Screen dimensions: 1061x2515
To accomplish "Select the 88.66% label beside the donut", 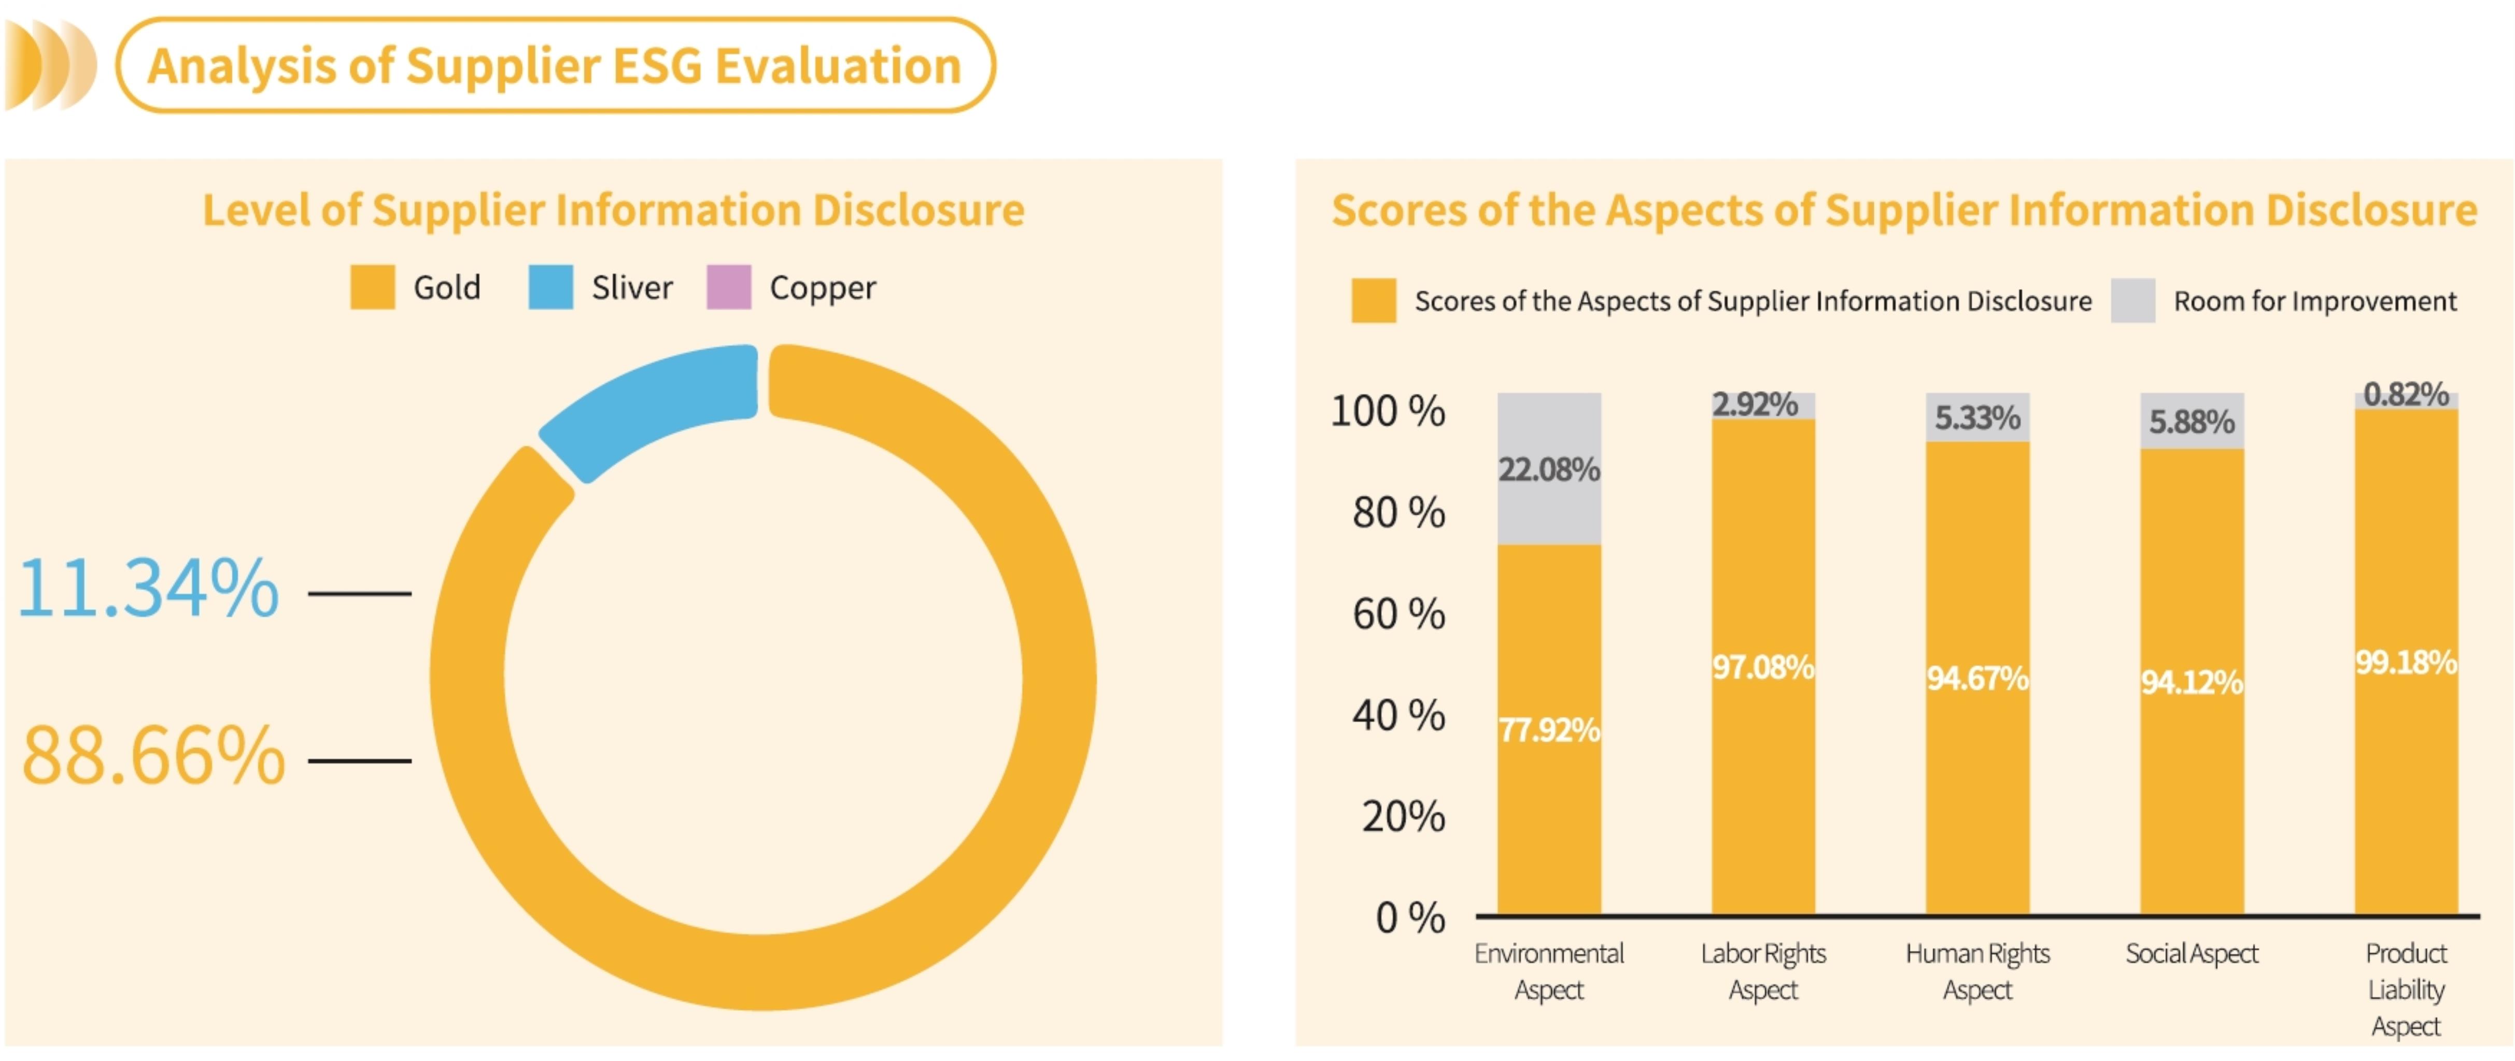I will point(153,756).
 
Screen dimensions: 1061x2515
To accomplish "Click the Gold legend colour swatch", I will point(372,287).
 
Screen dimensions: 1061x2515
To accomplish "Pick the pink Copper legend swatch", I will point(728,287).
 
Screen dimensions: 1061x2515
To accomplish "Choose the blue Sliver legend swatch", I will point(550,287).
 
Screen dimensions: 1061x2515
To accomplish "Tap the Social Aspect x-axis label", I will point(2192,954).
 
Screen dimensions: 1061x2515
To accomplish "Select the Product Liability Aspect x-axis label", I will point(2406,990).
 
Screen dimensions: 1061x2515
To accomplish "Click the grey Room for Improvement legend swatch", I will point(2132,300).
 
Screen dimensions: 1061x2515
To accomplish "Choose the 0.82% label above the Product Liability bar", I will point(2406,394).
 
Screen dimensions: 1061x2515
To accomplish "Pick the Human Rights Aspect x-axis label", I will point(1977,971).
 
